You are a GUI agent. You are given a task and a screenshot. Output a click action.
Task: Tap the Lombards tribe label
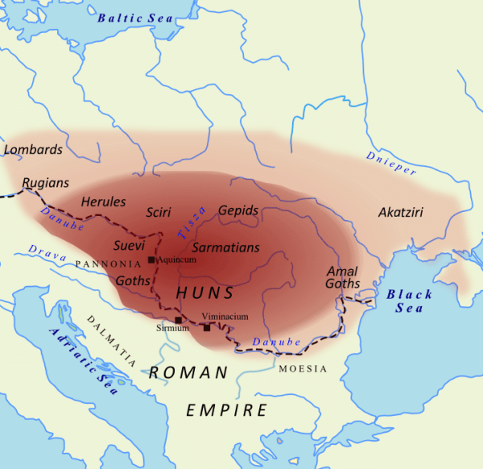point(33,150)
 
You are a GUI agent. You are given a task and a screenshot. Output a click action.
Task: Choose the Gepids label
point(238,210)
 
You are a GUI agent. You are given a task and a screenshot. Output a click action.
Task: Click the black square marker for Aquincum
point(151,260)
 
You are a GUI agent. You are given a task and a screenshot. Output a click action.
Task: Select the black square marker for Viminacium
point(207,327)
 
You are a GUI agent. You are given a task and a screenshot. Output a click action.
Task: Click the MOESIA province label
point(303,369)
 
